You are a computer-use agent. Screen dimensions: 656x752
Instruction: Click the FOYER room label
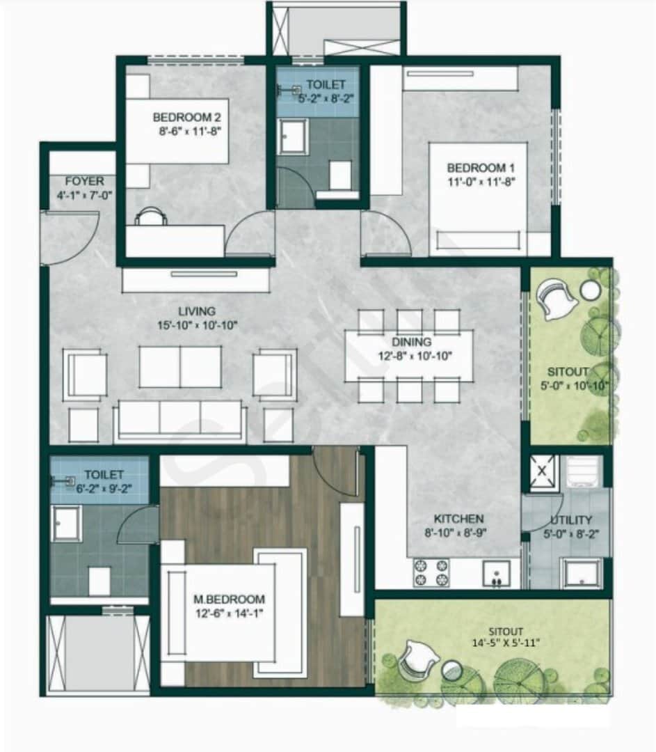click(84, 181)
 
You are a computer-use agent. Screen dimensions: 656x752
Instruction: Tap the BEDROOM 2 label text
click(187, 117)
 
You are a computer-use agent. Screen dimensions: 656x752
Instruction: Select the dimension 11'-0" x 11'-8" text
click(481, 182)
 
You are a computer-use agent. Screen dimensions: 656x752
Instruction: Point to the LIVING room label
click(197, 311)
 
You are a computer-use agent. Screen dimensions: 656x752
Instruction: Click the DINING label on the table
click(412, 342)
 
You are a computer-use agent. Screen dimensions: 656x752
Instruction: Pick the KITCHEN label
click(458, 519)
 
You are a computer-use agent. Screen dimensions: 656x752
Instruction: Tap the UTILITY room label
click(571, 520)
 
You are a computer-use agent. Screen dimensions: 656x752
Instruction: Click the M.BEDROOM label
click(229, 599)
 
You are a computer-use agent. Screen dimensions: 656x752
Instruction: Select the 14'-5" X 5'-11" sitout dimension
click(506, 643)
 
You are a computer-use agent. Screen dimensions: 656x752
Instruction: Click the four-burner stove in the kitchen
click(431, 572)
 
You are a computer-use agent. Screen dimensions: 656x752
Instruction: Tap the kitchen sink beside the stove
click(497, 574)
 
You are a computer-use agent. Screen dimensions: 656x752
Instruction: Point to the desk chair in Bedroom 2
click(151, 216)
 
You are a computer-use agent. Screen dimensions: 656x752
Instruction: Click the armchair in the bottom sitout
click(418, 659)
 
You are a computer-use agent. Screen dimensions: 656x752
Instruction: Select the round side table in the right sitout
click(590, 290)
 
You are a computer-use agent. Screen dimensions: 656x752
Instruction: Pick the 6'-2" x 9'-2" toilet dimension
click(104, 489)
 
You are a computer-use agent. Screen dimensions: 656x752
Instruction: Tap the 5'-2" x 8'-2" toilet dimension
click(326, 98)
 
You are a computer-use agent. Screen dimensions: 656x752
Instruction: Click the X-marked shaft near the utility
click(543, 471)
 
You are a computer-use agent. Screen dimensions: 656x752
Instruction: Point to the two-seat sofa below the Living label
click(180, 366)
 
